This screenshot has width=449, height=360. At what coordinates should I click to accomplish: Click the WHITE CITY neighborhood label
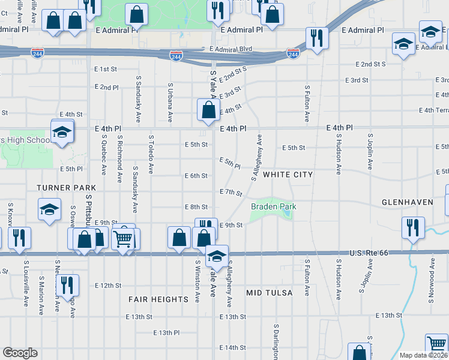(x=288, y=174)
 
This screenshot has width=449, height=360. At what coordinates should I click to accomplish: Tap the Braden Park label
(x=274, y=207)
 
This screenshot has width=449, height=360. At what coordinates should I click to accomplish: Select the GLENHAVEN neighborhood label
(x=407, y=202)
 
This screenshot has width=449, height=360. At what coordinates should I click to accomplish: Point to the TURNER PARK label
(x=66, y=188)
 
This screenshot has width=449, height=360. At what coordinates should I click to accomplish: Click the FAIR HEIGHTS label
(x=158, y=299)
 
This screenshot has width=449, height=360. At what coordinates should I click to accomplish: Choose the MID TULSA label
(x=270, y=293)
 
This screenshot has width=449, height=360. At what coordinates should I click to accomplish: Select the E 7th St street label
(x=231, y=193)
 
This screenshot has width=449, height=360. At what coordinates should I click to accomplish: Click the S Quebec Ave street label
(x=104, y=154)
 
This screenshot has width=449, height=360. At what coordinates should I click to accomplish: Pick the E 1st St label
(x=105, y=70)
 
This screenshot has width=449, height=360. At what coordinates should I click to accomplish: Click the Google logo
(x=20, y=353)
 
